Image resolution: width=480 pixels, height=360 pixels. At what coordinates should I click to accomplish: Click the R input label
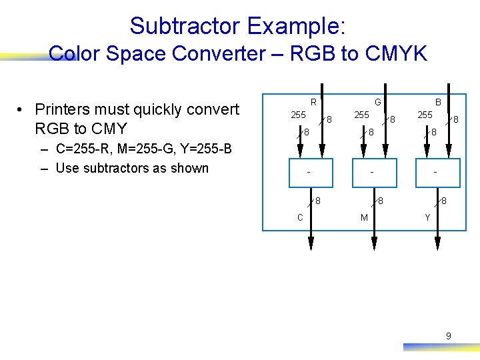[x=312, y=102]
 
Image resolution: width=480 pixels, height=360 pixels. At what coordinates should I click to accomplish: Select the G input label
[x=377, y=102]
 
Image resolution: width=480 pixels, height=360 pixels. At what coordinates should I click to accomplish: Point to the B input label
[x=438, y=102]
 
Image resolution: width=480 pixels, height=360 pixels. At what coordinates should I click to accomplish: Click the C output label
[x=301, y=217]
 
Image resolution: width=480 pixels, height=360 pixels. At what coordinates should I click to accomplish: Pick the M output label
[x=364, y=217]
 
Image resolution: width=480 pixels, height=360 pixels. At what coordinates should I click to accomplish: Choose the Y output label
[x=428, y=217]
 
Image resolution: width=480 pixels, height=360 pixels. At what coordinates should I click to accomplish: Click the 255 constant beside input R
[x=298, y=115]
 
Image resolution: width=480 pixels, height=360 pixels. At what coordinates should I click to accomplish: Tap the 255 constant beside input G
[x=361, y=115]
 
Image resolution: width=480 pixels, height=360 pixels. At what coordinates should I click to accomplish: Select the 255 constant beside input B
[x=425, y=115]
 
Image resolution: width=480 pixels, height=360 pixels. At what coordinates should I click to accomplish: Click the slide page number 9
[x=448, y=336]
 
